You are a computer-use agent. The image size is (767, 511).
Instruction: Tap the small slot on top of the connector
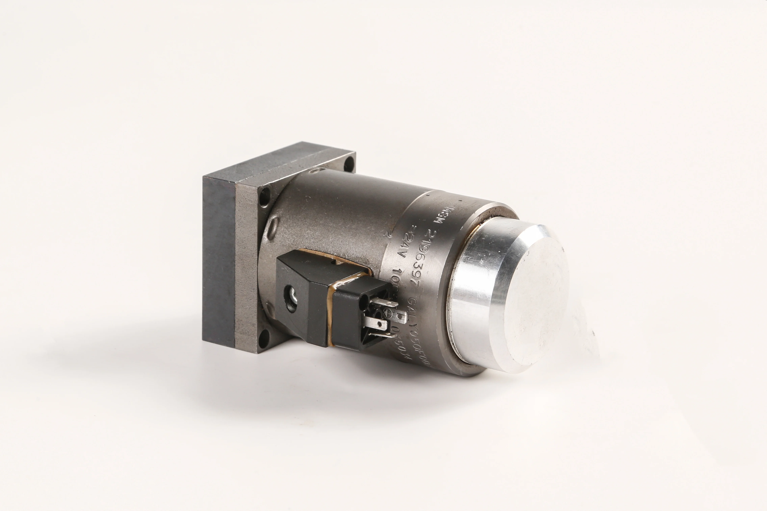click(x=333, y=261)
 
